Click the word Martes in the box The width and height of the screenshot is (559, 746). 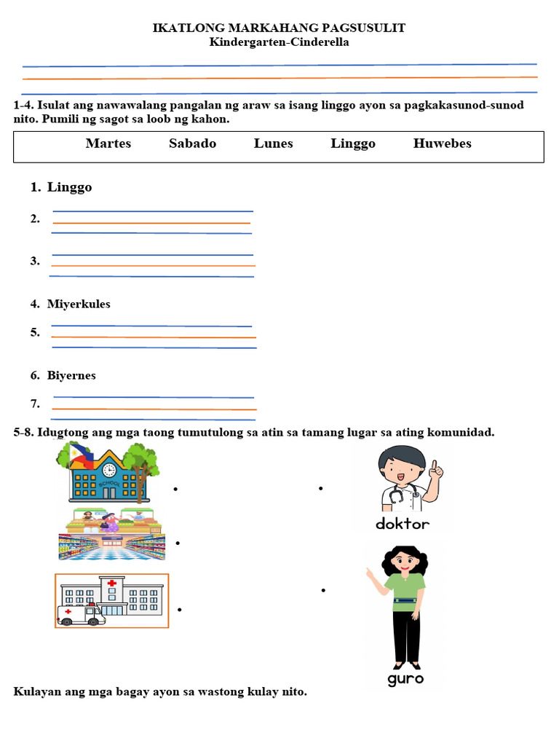tap(108, 144)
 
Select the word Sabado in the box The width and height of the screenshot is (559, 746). tap(192, 144)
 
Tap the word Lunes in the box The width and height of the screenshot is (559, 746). tap(274, 144)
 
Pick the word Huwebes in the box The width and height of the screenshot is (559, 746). tap(442, 144)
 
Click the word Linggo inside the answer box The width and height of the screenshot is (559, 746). tap(353, 144)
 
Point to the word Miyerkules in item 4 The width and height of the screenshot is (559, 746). tap(79, 304)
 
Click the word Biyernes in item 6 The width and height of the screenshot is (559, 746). tap(71, 376)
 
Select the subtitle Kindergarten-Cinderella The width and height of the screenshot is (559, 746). tap(279, 42)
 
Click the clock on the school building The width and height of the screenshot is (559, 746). tap(109, 470)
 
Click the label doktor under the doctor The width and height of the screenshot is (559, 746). tap(403, 523)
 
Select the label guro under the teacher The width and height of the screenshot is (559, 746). tap(405, 679)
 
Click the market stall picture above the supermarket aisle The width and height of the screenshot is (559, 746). tap(111, 521)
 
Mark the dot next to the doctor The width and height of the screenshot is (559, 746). tap(321, 489)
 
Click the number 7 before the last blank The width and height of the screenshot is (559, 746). tap(35, 404)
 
